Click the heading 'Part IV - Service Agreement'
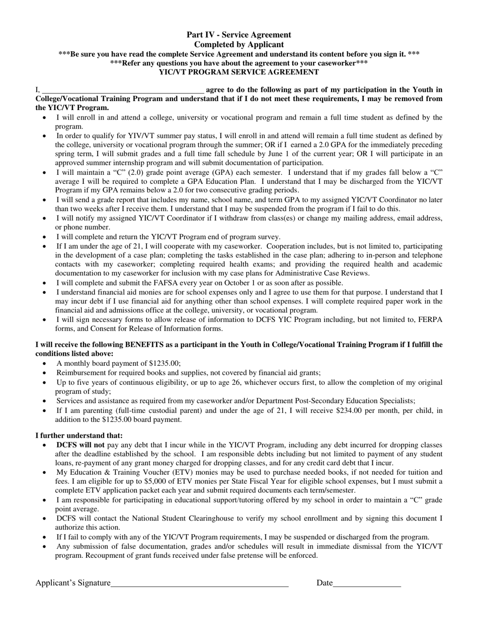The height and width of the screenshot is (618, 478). pos(238,35)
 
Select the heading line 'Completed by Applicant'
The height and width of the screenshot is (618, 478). pos(238,44)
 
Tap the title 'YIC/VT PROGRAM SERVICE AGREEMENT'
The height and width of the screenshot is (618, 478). pos(238,72)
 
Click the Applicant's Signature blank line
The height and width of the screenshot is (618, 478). pos(199,584)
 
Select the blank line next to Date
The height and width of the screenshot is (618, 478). pos(367,584)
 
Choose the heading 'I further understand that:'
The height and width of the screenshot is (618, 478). pos(79,436)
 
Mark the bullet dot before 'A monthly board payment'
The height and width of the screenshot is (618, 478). pos(46,364)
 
